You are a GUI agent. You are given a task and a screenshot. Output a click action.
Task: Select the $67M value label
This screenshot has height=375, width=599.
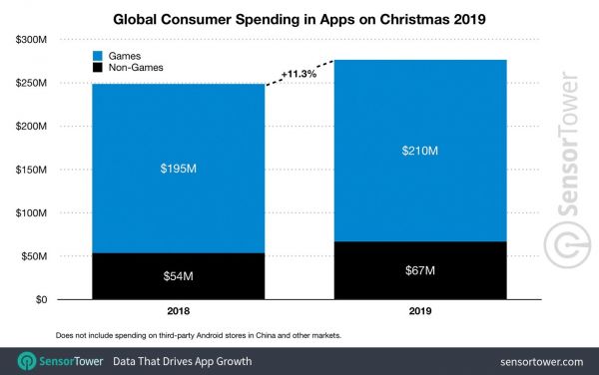419,270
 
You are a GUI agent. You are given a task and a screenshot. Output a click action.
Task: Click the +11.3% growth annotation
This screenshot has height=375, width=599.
299,73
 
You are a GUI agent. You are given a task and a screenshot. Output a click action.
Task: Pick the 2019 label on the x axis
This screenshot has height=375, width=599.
419,311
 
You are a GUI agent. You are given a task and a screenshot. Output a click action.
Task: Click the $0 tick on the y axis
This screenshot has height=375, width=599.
41,299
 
